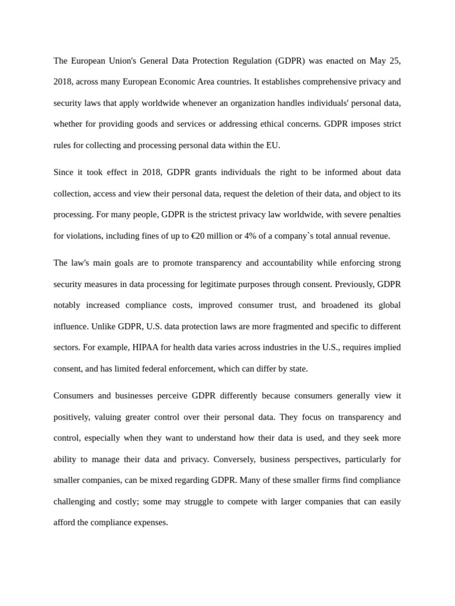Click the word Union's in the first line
click(116, 61)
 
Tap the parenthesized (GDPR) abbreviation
click(290, 61)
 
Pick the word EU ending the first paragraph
click(273, 145)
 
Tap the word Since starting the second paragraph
click(65, 172)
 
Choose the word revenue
click(374, 236)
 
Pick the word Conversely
click(233, 459)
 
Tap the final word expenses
click(150, 523)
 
